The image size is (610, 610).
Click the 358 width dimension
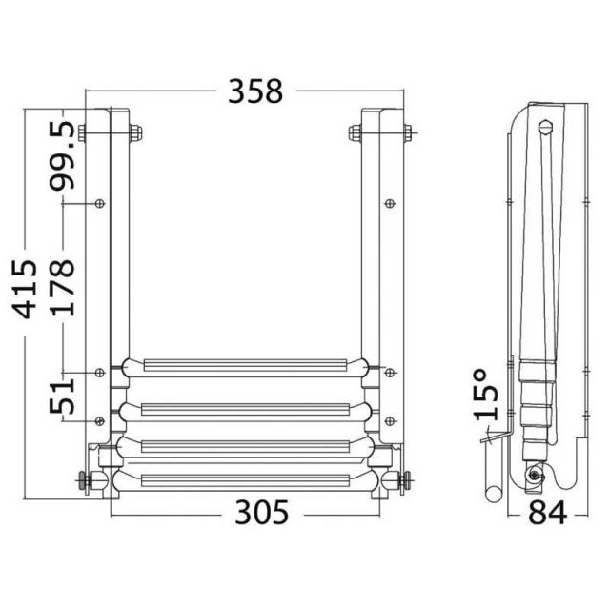tap(255, 91)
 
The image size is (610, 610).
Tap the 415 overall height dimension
tap(25, 289)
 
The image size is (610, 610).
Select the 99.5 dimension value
tap(62, 155)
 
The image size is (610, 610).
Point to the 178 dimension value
tap(62, 288)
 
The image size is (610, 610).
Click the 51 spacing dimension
tap(62, 397)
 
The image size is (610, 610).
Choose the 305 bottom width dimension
tap(262, 513)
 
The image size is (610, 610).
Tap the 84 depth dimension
tap(547, 513)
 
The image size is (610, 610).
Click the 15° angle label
tap(486, 395)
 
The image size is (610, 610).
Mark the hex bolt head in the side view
tap(544, 127)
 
